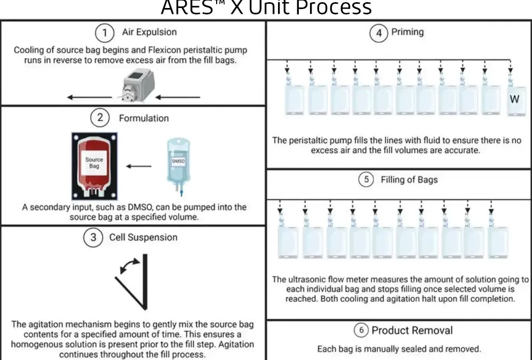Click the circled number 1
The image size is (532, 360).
pyautogui.click(x=105, y=33)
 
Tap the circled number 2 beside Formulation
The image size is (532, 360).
pyautogui.click(x=100, y=118)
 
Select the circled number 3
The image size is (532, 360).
pyautogui.click(x=93, y=237)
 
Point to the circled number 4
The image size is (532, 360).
pyautogui.click(x=379, y=33)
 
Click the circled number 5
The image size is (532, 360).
pyautogui.click(x=366, y=179)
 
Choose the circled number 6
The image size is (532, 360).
pyautogui.click(x=361, y=330)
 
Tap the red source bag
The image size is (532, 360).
pyautogui.click(x=94, y=166)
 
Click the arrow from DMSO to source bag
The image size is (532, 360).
pyautogui.click(x=139, y=166)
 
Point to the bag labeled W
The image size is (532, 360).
pyautogui.click(x=516, y=100)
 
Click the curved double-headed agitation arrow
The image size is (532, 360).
pyautogui.click(x=130, y=266)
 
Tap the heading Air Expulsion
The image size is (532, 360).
pyautogui.click(x=149, y=32)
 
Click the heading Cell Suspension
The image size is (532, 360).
pyautogui.click(x=143, y=237)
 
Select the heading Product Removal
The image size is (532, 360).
pyautogui.click(x=412, y=330)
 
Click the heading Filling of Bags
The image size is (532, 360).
pyautogui.click(x=409, y=180)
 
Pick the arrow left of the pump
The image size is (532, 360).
pyautogui.click(x=90, y=97)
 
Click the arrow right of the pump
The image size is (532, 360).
pyautogui.click(x=178, y=97)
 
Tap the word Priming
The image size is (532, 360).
pyautogui.click(x=408, y=32)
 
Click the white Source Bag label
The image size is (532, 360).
pyautogui.click(x=94, y=163)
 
